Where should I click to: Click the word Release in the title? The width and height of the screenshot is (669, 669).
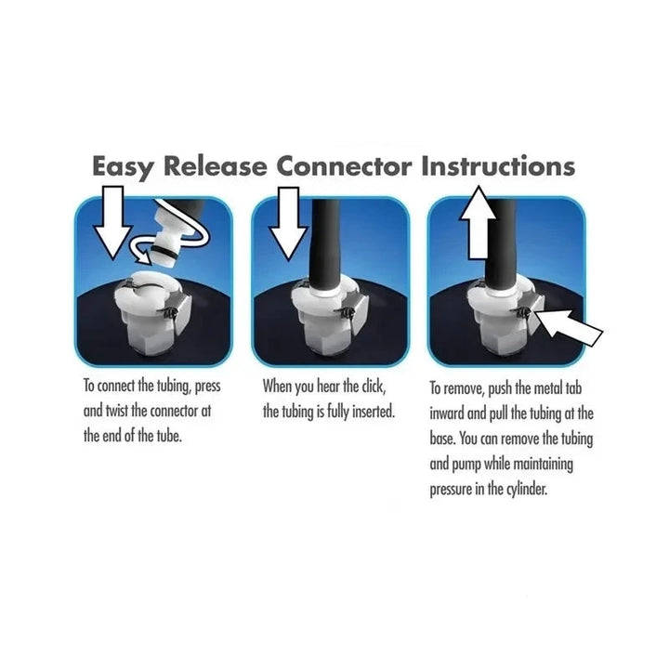(x=216, y=167)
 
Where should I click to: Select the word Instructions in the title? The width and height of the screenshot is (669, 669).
(x=498, y=167)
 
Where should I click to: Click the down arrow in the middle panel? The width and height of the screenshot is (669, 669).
(x=288, y=220)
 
